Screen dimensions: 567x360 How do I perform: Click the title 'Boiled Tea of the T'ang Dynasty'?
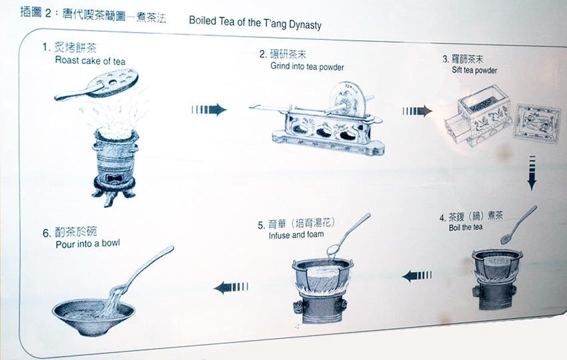coord(255,23)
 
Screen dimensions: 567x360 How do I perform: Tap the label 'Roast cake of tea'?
coord(90,61)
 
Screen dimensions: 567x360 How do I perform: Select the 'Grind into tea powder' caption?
coord(307,66)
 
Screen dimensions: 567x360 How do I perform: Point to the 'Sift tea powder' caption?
coord(474,70)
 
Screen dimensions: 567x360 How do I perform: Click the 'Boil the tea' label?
coord(466,227)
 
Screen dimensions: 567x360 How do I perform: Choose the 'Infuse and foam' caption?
coord(296,235)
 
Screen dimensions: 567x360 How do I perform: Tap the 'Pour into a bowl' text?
coord(87,243)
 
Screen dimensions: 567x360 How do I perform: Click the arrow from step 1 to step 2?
coord(209,109)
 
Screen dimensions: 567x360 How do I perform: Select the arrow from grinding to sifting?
coord(418,111)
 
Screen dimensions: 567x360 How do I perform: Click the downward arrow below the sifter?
coord(532,173)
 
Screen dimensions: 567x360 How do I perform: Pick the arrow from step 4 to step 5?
coord(416,276)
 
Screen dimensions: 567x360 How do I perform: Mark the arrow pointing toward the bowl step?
coord(231,287)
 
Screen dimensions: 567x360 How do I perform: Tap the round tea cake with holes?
coord(113,83)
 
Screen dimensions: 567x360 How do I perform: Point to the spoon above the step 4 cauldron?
coord(518,225)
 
